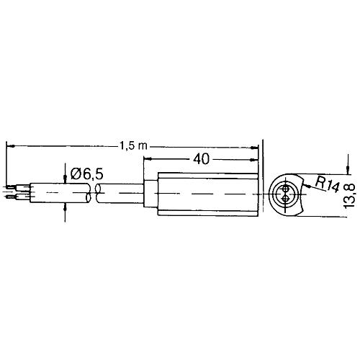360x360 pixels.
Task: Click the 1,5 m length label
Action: pos(133,145)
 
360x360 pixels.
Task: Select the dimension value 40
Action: pos(201,159)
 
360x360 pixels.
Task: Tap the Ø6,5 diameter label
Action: pos(87,174)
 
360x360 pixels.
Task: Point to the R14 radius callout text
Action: pos(328,184)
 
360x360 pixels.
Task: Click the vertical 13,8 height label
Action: pos(349,196)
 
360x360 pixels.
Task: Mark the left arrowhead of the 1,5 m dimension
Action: pos(10,145)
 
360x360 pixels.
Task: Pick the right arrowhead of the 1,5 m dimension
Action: pos(254,148)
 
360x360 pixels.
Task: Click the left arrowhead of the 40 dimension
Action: pos(148,158)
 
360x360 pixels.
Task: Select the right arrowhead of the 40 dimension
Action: pos(254,160)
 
